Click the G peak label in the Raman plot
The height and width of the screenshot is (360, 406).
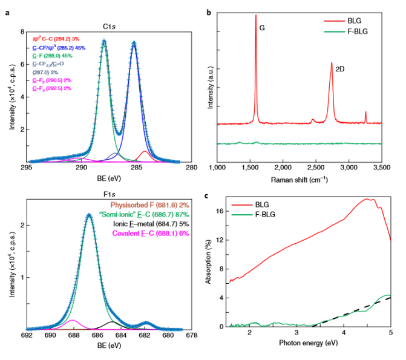coord(263,28)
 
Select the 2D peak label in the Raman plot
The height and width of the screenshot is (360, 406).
coord(340,69)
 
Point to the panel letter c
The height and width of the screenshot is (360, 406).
coord(209,195)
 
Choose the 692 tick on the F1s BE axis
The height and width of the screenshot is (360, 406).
coord(27,335)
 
